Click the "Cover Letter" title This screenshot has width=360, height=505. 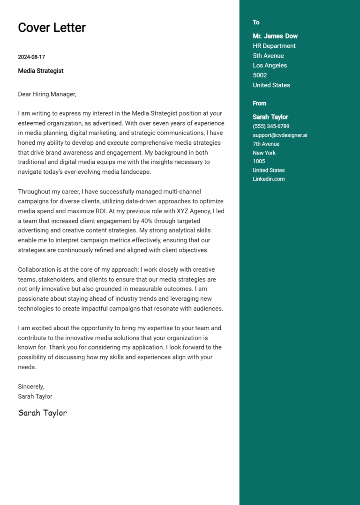pyautogui.click(x=52, y=28)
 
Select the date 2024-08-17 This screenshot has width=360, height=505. pyautogui.click(x=31, y=57)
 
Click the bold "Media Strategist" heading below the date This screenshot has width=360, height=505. pyautogui.click(x=41, y=71)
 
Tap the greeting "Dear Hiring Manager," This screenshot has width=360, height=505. pyautogui.click(x=47, y=94)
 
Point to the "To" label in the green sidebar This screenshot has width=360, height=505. pyautogui.click(x=256, y=22)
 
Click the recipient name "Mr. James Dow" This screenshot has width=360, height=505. pyautogui.click(x=275, y=36)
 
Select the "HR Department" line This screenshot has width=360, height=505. pyautogui.click(x=274, y=46)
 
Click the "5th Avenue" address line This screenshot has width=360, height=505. pyautogui.click(x=268, y=56)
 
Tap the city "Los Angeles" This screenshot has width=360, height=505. pyautogui.click(x=270, y=66)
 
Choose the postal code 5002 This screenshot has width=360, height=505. pyautogui.click(x=260, y=75)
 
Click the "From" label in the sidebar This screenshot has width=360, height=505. pyautogui.click(x=259, y=104)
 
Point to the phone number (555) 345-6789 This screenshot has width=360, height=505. pyautogui.click(x=271, y=126)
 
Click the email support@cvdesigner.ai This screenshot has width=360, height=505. pyautogui.click(x=280, y=135)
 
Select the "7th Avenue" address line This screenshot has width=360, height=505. pyautogui.click(x=266, y=144)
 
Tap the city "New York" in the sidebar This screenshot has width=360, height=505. pyautogui.click(x=264, y=153)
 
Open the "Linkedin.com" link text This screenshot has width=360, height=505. pyautogui.click(x=269, y=179)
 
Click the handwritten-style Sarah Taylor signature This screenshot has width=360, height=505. pyautogui.click(x=42, y=413)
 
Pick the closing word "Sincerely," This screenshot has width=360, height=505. pyautogui.click(x=31, y=386)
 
